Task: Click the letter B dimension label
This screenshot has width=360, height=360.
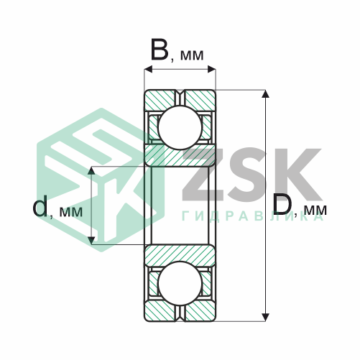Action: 160,51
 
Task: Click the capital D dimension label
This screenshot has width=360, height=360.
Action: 282,204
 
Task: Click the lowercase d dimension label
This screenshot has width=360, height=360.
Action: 40,206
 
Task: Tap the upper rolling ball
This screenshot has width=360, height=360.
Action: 180,127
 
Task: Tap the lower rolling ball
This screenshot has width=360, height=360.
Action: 180,284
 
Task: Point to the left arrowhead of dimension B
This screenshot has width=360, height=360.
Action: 148,69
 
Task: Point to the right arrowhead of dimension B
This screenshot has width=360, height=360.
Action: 211,69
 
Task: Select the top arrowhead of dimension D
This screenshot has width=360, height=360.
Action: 265,94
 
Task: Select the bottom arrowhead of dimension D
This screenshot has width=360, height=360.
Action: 265,317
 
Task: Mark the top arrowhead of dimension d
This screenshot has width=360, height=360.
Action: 91,170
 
